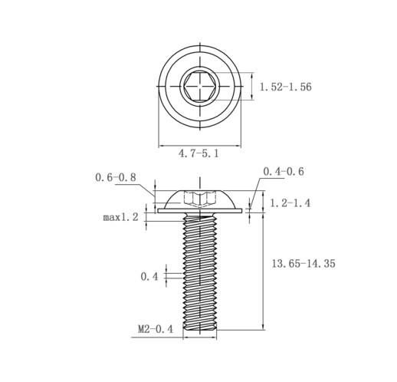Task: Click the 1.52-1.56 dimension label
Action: [x=285, y=87]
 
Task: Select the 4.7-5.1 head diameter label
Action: [x=198, y=153]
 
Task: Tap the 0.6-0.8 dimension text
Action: [x=116, y=177]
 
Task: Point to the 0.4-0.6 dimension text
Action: [x=284, y=171]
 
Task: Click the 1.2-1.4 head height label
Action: [x=290, y=203]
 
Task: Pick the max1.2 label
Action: [x=120, y=217]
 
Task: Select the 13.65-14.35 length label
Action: [x=303, y=263]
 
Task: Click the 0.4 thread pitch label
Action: [x=149, y=276]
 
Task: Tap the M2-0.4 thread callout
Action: [x=156, y=329]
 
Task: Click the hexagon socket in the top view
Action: [x=199, y=86]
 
